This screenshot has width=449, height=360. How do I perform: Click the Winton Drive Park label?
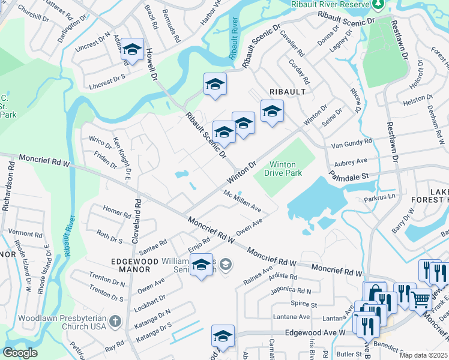285,169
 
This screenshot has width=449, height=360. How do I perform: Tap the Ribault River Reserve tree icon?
378,5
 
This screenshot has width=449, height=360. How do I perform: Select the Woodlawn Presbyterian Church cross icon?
116,322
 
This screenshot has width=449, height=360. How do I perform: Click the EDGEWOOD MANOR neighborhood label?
130,265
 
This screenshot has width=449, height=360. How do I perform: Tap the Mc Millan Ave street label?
242,202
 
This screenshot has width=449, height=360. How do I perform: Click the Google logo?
20,353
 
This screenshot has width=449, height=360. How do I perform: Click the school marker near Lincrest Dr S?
131,49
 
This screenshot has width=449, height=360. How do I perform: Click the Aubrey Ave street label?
351,162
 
